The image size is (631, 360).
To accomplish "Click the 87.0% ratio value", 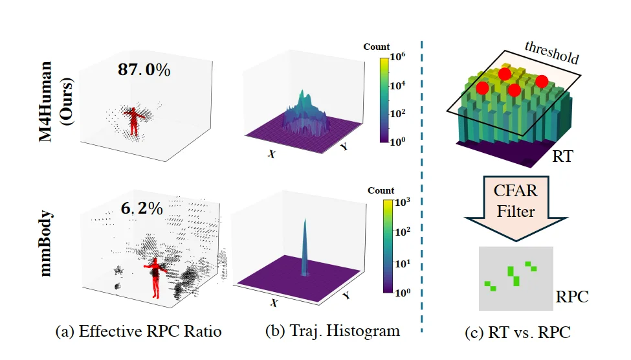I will click(144, 70).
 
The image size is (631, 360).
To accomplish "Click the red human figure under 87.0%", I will click(133, 121).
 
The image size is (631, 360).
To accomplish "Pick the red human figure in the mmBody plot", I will click(155, 276).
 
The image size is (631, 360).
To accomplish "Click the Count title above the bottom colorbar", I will click(381, 190).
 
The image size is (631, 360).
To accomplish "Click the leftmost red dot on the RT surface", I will click(482, 87).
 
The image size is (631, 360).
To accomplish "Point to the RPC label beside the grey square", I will click(572, 297).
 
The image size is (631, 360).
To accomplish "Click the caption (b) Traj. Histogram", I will click(333, 332).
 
